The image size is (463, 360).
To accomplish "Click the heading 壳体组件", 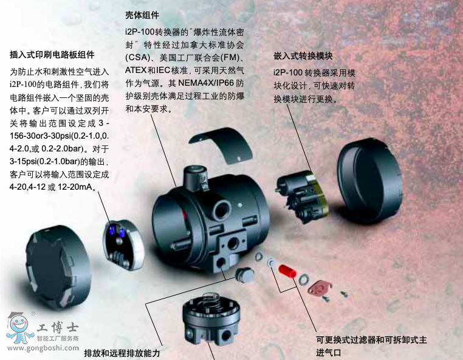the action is click(x=142, y=15).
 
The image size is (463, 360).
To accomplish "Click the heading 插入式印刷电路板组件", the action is click(x=52, y=55).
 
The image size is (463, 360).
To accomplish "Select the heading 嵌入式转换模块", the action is click(x=303, y=56).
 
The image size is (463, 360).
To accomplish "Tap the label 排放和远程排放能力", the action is click(x=122, y=353).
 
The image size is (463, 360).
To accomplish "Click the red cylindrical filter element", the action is click(x=287, y=271).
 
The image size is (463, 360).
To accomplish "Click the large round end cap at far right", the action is click(x=369, y=180).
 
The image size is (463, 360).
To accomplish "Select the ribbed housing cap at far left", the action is click(x=58, y=267).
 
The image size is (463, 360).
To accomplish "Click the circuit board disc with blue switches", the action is click(x=123, y=244).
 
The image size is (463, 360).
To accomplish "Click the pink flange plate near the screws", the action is click(x=320, y=288).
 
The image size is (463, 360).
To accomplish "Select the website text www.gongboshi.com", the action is click(x=43, y=348).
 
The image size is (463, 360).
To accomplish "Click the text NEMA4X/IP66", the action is click(x=206, y=83).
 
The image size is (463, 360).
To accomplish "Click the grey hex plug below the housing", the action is click(x=245, y=275).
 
